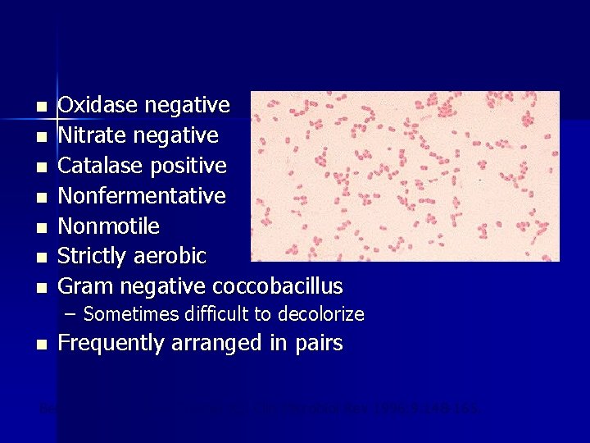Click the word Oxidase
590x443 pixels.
tap(98, 105)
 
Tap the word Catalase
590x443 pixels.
tap(101, 166)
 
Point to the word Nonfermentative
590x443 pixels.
tap(143, 196)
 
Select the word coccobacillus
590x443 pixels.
tap(278, 287)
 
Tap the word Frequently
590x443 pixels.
tap(112, 343)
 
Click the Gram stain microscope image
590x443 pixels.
tap(405, 176)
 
